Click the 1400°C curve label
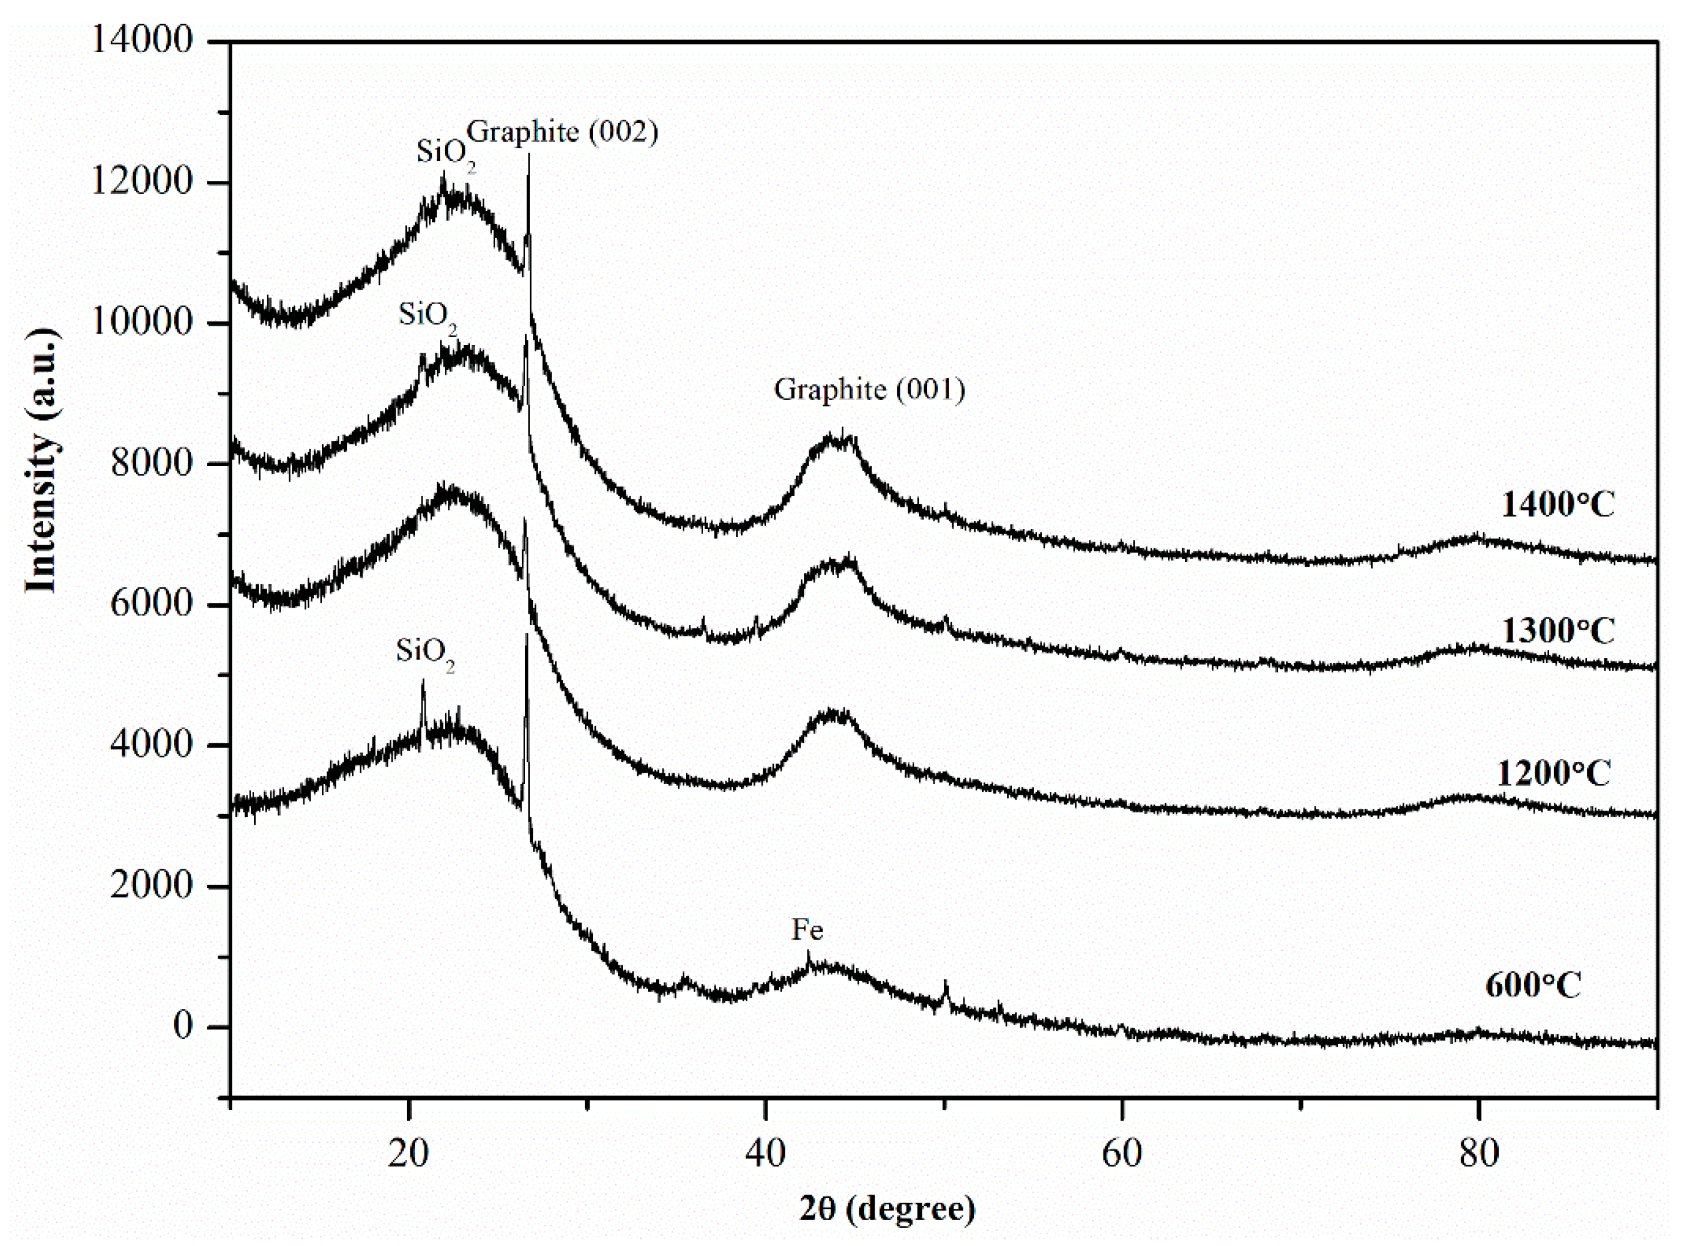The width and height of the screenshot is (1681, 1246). pyautogui.click(x=1558, y=505)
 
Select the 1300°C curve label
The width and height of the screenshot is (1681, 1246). pyautogui.click(x=1558, y=631)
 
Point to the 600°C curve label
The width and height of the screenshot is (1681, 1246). pyautogui.click(x=1534, y=986)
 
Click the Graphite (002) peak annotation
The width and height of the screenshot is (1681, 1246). pyautogui.click(x=562, y=132)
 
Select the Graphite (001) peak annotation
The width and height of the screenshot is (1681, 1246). pyautogui.click(x=869, y=390)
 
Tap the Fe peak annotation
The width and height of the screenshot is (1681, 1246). pyautogui.click(x=806, y=929)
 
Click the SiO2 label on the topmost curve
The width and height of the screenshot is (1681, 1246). pyautogui.click(x=445, y=153)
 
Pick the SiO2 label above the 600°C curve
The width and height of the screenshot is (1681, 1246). pyautogui.click(x=425, y=651)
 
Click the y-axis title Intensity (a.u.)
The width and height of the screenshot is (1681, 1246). pyautogui.click(x=41, y=461)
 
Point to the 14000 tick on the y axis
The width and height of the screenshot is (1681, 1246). pyautogui.click(x=141, y=40)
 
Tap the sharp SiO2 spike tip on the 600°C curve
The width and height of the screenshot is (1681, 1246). pyautogui.click(x=423, y=681)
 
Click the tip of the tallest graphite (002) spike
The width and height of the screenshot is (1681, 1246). pyautogui.click(x=528, y=155)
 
